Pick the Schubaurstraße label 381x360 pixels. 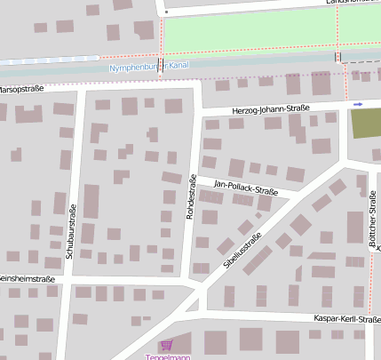click(71, 231)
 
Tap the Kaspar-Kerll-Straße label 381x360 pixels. click(347, 318)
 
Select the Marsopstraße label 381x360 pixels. click(21, 90)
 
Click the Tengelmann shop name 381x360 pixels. click(169, 357)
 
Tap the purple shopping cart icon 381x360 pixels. click(165, 345)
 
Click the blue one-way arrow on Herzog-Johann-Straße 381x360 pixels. click(358, 105)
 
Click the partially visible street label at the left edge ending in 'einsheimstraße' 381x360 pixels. click(27, 279)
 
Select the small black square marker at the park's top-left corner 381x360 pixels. click(166, 13)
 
